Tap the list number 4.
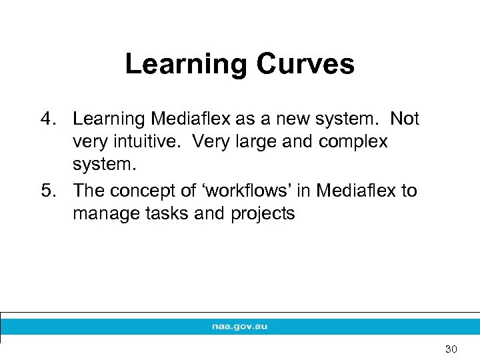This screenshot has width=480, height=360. click(x=45, y=119)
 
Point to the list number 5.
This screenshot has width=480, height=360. click(x=45, y=191)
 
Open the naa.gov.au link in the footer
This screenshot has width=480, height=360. click(x=239, y=327)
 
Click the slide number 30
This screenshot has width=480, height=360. click(x=451, y=349)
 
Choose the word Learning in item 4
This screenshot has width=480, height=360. click(x=109, y=119)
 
